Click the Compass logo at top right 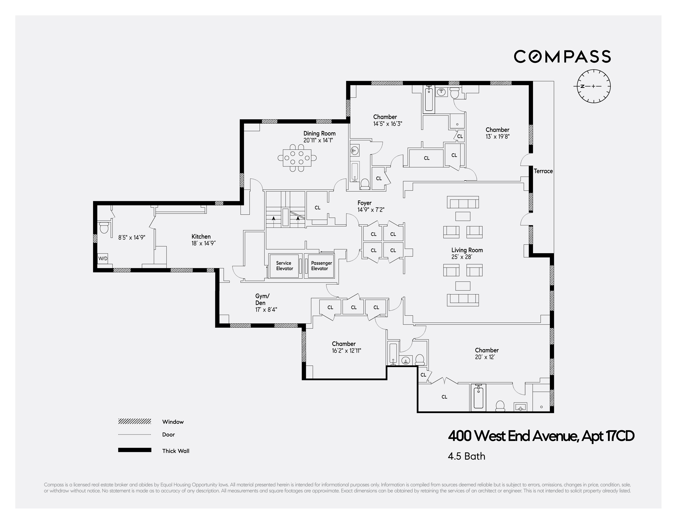tap(562, 56)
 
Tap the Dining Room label tap(319, 134)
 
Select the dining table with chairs tap(297, 158)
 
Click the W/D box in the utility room tap(103, 258)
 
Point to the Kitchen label tap(201, 237)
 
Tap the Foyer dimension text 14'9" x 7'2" tap(371, 210)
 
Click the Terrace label tap(543, 171)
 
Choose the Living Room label tap(467, 250)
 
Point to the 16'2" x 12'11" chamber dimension tap(346, 351)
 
